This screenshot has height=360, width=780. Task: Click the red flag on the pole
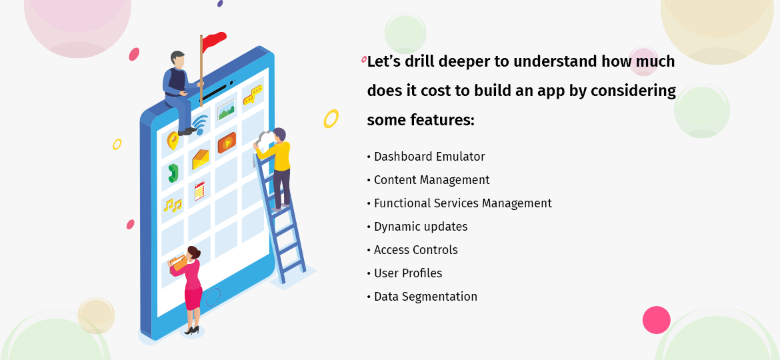click(214, 42)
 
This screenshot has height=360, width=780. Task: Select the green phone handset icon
click(173, 173)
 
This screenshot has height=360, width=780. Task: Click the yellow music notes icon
click(172, 205)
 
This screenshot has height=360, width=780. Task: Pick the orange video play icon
click(227, 142)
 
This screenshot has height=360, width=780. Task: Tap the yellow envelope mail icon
click(200, 159)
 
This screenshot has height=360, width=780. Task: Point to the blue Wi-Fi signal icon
click(200, 123)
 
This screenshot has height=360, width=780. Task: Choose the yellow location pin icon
click(173, 141)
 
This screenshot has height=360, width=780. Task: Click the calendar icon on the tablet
click(199, 191)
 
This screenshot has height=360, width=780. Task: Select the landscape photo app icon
click(227, 110)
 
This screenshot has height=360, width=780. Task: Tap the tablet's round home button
click(212, 297)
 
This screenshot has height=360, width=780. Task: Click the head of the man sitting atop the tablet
click(177, 59)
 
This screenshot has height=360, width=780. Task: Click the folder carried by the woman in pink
click(178, 263)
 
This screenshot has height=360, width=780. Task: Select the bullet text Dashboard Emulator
click(429, 157)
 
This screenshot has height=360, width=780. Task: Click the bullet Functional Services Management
click(463, 203)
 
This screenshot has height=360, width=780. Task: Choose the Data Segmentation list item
click(425, 297)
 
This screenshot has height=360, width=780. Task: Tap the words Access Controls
click(416, 250)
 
